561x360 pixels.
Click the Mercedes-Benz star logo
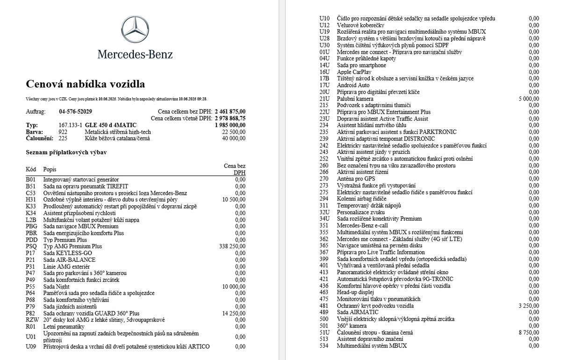point(135,30)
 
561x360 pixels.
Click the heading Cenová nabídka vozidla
point(85,84)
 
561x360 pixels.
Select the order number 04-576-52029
point(75,112)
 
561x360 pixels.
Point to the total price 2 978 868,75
point(230,118)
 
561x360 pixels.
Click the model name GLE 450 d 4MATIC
point(111,125)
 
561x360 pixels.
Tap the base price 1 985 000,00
point(230,125)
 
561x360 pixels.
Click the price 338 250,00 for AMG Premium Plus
point(232,246)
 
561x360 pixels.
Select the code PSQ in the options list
point(31,246)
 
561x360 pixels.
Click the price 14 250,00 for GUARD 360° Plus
point(234,313)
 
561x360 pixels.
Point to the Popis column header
point(50,169)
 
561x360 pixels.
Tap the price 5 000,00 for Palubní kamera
point(529,99)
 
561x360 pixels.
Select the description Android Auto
point(353,86)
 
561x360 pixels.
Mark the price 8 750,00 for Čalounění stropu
point(529,332)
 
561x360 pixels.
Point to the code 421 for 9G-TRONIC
point(324,279)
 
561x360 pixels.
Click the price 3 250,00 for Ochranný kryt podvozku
point(529,306)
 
